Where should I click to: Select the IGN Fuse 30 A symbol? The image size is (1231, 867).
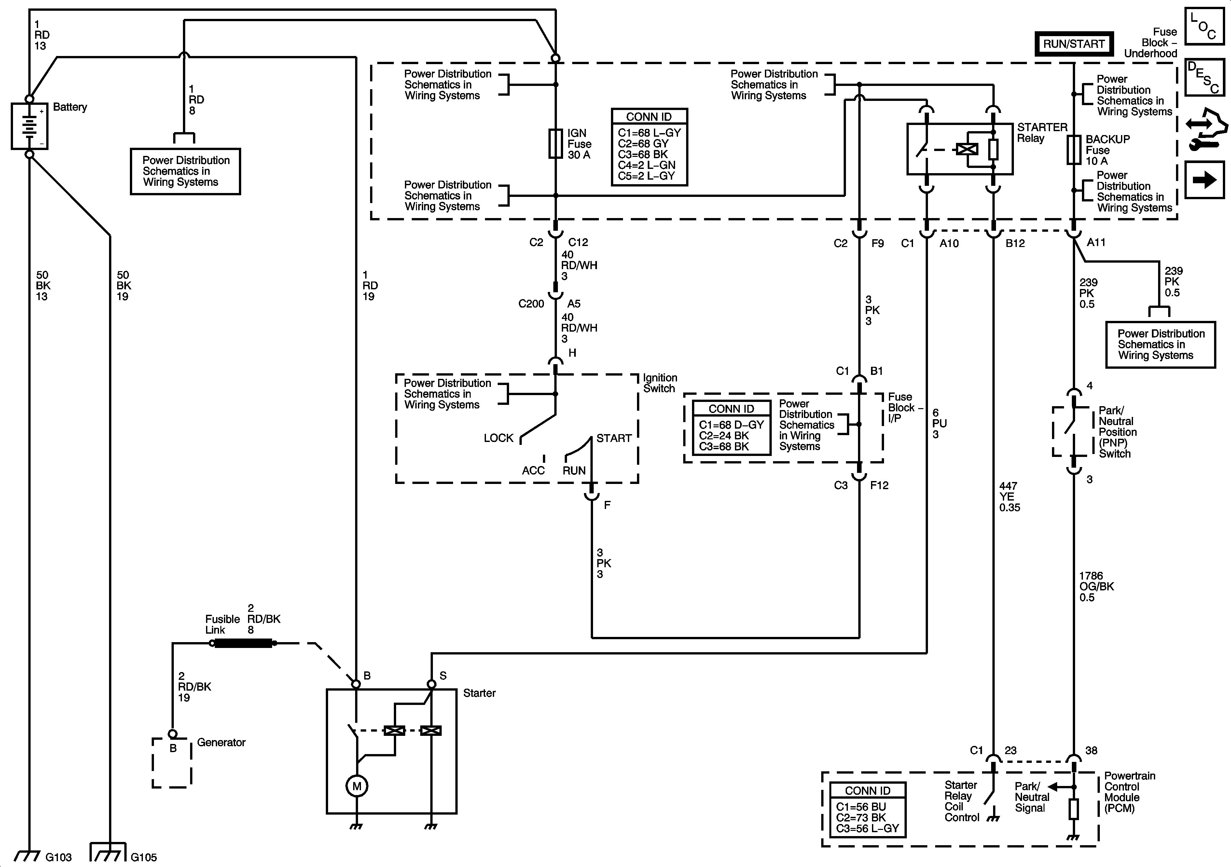tap(556, 144)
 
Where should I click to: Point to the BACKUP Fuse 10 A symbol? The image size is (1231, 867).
tap(1073, 150)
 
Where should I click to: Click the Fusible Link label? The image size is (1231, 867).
tap(222, 625)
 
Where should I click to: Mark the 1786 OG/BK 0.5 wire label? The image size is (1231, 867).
tap(1097, 586)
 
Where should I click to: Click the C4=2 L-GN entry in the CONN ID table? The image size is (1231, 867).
tap(647, 165)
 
